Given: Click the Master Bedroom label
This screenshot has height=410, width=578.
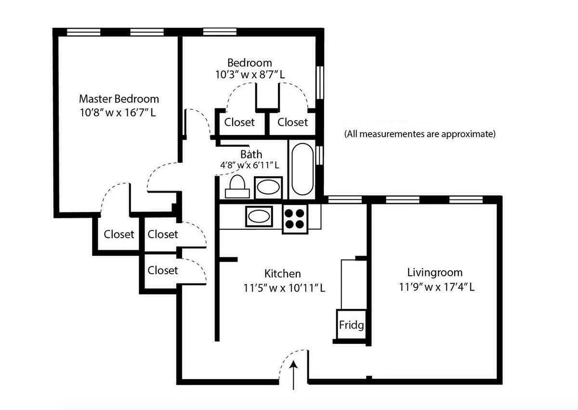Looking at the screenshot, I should click(118, 99).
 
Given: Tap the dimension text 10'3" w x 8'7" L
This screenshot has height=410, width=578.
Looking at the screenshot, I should click(250, 75).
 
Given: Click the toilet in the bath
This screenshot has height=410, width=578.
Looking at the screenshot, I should click(237, 186).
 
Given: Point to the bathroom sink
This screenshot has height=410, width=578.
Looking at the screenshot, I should click(268, 187).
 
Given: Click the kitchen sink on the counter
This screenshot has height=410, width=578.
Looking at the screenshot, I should click(259, 216).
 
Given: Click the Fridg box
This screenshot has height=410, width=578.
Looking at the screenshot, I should click(351, 324).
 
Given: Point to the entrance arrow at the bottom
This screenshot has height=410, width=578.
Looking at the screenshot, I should click(294, 375).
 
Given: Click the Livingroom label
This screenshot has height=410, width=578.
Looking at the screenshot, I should click(434, 272).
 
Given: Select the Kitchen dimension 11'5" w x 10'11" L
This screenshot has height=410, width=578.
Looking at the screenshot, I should click(284, 288).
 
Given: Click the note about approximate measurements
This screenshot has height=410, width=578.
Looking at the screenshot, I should click(420, 134).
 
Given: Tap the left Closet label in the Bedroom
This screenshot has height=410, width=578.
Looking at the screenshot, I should click(239, 122).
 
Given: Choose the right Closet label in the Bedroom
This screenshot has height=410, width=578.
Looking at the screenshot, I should click(292, 122).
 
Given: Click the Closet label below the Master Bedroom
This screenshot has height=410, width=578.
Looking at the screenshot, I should click(119, 234).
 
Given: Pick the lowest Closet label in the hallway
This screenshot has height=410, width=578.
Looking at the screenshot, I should click(163, 270).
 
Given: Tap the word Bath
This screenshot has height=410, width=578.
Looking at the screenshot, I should click(251, 154).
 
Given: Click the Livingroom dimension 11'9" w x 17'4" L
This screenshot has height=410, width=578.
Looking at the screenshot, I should click(436, 287).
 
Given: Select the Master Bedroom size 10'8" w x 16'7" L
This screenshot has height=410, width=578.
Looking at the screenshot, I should click(118, 113).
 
